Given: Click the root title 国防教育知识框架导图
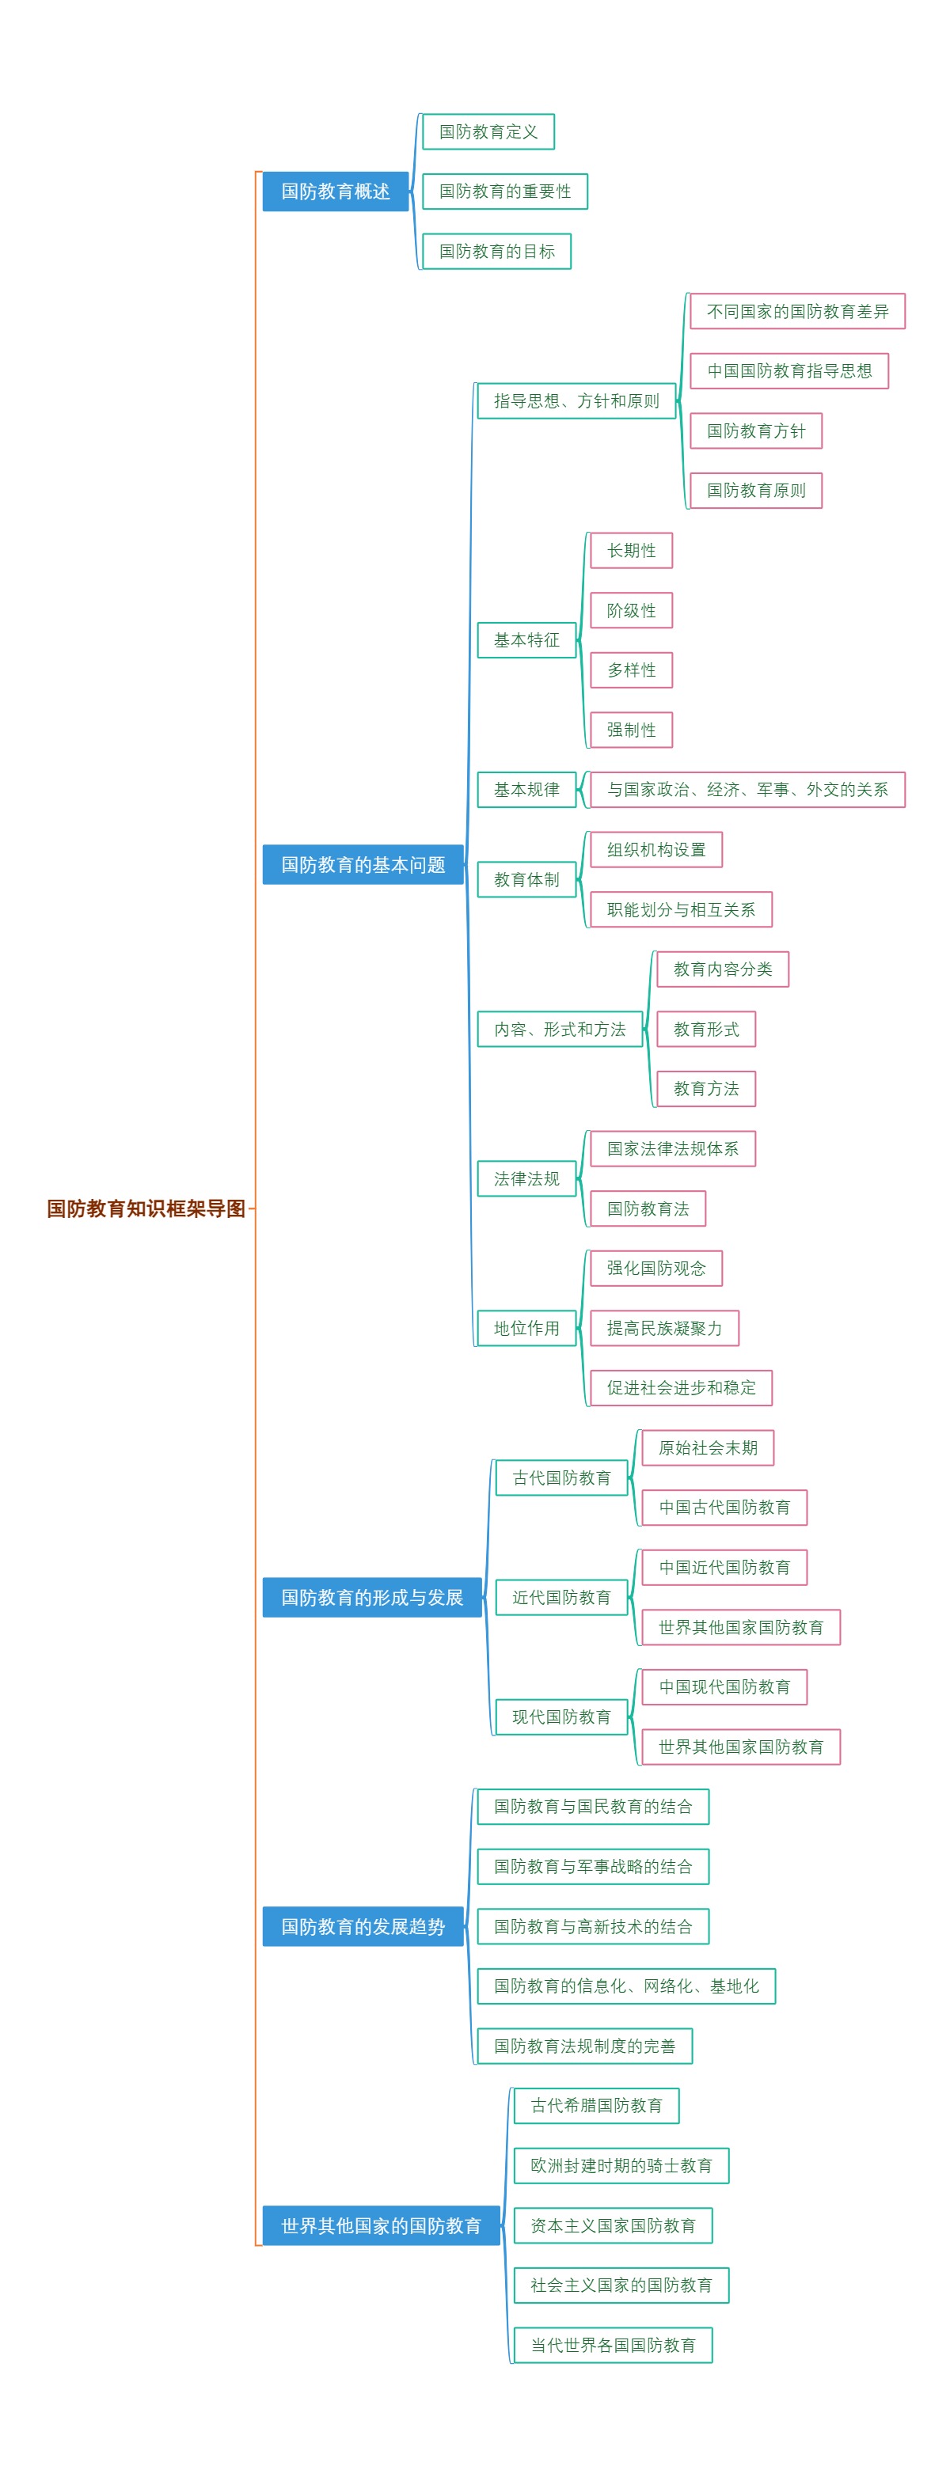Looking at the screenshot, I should pyautogui.click(x=146, y=1208).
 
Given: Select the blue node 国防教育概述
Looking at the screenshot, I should pyautogui.click(x=336, y=192).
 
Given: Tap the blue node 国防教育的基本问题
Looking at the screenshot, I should pyautogui.click(x=363, y=864).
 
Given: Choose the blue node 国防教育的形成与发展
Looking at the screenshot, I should pyautogui.click(x=371, y=1597).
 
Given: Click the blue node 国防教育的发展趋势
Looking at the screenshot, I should pyautogui.click(x=363, y=1926).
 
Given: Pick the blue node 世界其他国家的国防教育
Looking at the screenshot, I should pyautogui.click(x=381, y=2225).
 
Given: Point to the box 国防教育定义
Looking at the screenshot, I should pyautogui.click(x=488, y=131).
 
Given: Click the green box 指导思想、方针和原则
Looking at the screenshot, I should pyautogui.click(x=576, y=401).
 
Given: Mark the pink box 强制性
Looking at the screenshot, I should pyautogui.click(x=631, y=730).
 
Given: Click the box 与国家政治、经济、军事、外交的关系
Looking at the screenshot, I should pyautogui.click(x=747, y=790).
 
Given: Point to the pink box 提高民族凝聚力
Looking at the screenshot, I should pyautogui.click(x=663, y=1328).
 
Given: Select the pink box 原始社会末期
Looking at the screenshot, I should pyautogui.click(x=708, y=1447).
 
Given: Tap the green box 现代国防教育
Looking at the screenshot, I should pyautogui.click(x=560, y=1716).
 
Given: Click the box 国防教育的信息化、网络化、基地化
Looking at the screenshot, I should pyautogui.click(x=626, y=1986).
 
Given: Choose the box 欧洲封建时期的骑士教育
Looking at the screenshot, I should pyautogui.click(x=621, y=2165).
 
